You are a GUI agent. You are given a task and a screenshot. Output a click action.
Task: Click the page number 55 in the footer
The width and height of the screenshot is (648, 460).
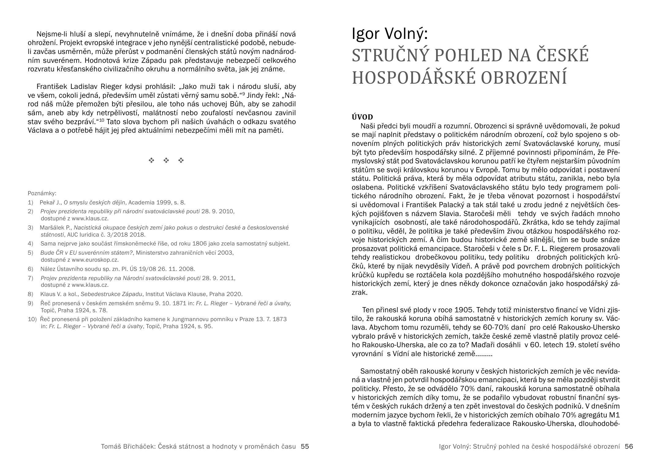tap(305, 447)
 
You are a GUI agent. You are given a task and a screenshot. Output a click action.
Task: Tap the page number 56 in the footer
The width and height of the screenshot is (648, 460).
tap(629, 447)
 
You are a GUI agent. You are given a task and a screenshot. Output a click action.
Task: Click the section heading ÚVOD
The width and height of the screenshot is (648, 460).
tap(362, 117)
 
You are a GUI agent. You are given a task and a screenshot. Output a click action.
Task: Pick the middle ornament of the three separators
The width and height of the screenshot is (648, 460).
tap(166, 160)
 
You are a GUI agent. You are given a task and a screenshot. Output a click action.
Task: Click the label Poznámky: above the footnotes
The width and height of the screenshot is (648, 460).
tap(42, 193)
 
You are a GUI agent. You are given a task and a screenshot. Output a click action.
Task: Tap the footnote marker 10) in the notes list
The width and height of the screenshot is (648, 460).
tap(32, 319)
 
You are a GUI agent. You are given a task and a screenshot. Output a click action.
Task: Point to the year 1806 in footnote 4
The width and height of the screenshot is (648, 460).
tap(199, 244)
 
